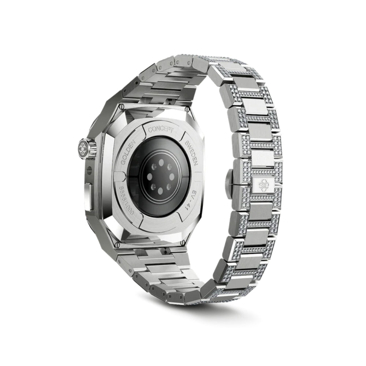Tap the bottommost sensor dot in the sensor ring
pyautogui.click(x=160, y=193)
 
